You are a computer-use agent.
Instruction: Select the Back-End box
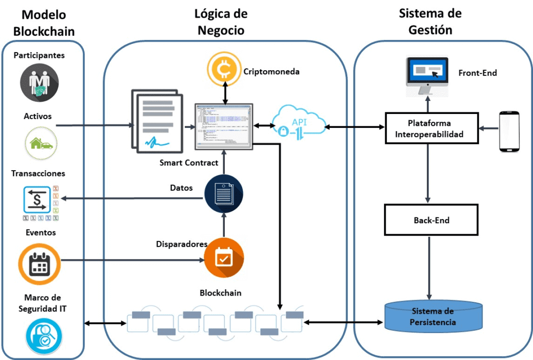coord(431,220)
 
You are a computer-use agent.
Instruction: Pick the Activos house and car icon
coord(41,143)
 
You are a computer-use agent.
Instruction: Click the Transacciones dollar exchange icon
coord(35,200)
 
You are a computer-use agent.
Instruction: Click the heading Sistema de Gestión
coord(430,21)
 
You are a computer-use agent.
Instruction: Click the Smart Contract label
coord(189,163)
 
